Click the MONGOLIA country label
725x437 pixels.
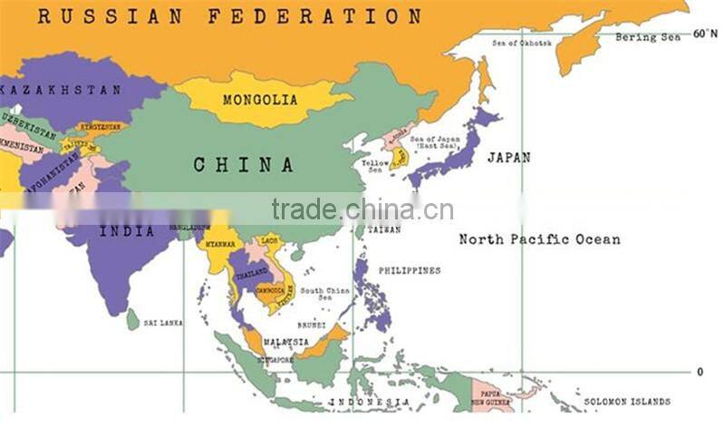[x=260, y=99]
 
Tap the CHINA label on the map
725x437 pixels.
[x=244, y=165]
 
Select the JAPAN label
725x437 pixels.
[x=508, y=157]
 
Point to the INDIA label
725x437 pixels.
[x=127, y=231]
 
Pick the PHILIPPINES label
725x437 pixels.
[x=410, y=270]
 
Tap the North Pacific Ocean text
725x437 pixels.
[x=539, y=239]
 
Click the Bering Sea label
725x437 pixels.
[x=647, y=38]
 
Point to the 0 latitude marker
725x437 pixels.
[x=700, y=372]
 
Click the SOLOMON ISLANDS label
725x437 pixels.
[x=627, y=401]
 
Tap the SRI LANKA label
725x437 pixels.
[x=163, y=322]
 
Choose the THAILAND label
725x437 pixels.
[x=252, y=272]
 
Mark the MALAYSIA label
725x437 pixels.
[x=286, y=342]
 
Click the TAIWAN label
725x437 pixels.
[x=384, y=229]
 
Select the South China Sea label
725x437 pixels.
[x=325, y=295]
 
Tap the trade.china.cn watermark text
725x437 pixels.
[x=362, y=209]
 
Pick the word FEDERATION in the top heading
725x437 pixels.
[x=314, y=15]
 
